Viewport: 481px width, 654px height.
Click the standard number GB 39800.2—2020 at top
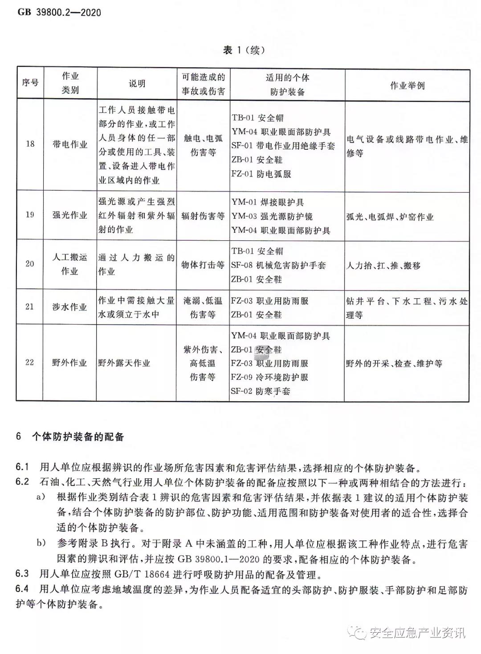59,12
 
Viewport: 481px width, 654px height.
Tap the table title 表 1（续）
244,50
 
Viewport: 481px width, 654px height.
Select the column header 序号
30,83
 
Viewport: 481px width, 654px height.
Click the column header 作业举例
407,85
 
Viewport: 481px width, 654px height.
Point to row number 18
30,144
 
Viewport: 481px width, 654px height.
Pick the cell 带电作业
70,144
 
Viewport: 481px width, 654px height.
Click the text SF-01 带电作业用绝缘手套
283,146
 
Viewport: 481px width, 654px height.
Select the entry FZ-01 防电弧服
261,174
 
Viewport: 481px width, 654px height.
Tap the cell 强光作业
70,215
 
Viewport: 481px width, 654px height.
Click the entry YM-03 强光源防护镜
272,216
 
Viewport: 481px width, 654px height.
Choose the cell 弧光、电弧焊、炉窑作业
390,217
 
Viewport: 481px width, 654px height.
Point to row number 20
29,264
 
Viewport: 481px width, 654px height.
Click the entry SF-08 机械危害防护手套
278,265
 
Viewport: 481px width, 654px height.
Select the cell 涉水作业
70,307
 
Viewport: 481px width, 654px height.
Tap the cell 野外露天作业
124,363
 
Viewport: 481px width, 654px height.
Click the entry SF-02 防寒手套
261,391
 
